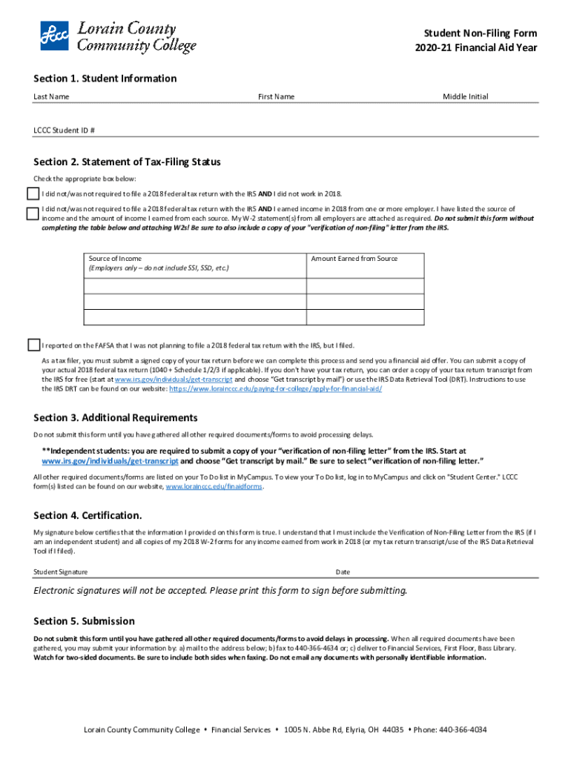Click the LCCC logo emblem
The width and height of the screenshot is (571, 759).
54,35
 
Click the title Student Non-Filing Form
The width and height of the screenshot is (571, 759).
480,33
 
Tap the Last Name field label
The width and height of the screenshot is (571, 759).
51,97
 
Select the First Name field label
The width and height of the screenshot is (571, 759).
276,97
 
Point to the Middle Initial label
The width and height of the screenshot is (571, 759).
465,97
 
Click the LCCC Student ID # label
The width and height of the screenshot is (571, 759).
64,130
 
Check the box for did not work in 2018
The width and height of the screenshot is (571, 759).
33,193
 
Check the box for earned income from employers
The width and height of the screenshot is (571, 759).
33,213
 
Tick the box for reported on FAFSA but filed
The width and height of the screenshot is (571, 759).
33,345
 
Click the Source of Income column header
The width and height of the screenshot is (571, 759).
115,259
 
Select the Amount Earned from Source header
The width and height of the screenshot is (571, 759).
354,259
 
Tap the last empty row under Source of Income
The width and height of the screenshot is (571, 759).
194,317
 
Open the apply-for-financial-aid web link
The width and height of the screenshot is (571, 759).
276,388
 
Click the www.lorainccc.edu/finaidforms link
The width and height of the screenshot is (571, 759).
214,487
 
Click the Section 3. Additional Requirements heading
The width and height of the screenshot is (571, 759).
115,418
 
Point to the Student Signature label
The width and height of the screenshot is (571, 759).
60,572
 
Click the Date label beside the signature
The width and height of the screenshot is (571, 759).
343,572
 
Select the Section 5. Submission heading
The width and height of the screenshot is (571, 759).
84,621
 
